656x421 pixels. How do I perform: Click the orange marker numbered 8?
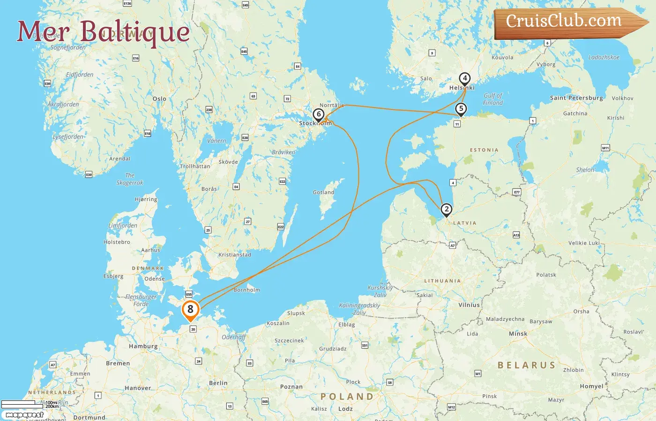click(190, 310)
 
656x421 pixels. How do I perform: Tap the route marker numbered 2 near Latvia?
click(447, 210)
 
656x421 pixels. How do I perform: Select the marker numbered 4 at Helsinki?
click(464, 79)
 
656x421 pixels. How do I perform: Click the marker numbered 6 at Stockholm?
click(319, 115)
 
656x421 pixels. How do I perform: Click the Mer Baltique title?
click(103, 31)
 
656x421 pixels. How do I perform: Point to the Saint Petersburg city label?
click(576, 98)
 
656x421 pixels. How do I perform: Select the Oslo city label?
click(159, 99)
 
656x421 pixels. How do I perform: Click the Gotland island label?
click(323, 192)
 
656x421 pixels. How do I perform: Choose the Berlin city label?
click(218, 383)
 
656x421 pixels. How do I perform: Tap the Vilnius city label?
click(469, 305)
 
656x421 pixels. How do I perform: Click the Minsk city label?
click(518, 334)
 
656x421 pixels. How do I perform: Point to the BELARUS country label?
click(526, 365)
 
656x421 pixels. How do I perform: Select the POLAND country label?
click(347, 397)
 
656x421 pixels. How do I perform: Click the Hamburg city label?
click(143, 347)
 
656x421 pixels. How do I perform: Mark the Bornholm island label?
click(246, 290)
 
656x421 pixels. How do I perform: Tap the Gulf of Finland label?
click(493, 99)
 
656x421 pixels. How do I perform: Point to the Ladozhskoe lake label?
click(604, 58)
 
